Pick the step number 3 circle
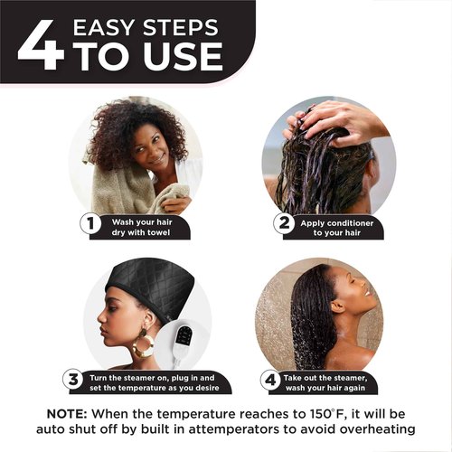click(x=74, y=379)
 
